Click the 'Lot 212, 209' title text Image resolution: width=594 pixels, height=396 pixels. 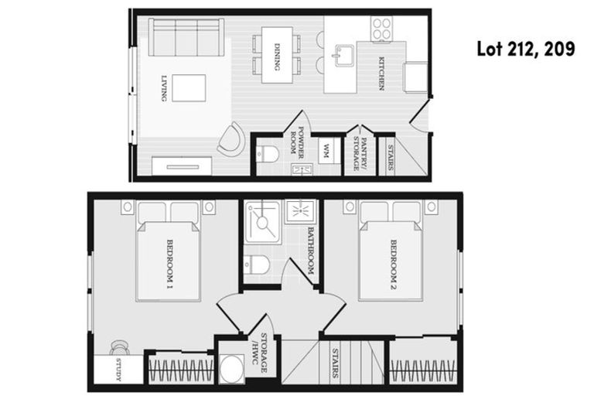point(524,50)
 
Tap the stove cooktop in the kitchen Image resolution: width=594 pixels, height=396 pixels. point(381,30)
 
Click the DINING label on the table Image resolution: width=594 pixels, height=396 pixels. point(277,56)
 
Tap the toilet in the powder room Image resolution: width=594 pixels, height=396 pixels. point(267,153)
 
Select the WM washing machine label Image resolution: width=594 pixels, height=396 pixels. point(326,149)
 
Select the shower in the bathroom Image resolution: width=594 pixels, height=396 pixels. point(261,220)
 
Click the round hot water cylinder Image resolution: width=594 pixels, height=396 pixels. point(230,370)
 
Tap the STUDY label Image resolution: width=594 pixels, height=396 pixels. point(120,370)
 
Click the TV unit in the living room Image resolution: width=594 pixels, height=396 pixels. point(182,166)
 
